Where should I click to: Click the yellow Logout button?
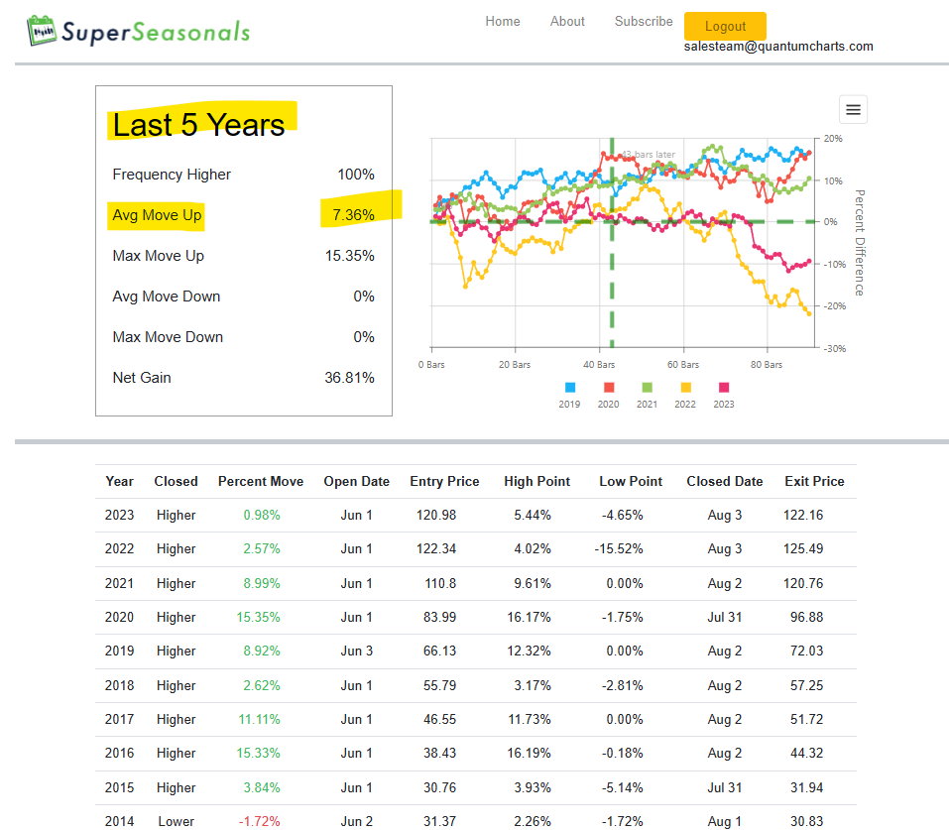click(x=725, y=26)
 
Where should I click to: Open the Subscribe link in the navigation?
click(x=644, y=21)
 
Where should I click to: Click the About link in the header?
click(x=567, y=21)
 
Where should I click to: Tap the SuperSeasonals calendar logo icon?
click(x=42, y=31)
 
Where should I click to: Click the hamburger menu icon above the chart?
click(x=853, y=110)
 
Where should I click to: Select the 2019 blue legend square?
click(x=569, y=388)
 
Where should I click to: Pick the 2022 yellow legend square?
click(x=686, y=388)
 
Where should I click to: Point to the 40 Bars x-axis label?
click(x=599, y=365)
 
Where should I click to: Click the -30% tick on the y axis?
click(x=835, y=349)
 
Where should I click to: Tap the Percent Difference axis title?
click(x=860, y=243)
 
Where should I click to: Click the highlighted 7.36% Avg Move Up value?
click(x=353, y=215)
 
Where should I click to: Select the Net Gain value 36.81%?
click(x=349, y=378)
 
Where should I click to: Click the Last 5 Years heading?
click(x=198, y=125)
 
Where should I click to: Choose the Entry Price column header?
click(x=444, y=481)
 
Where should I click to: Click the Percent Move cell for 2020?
click(x=258, y=618)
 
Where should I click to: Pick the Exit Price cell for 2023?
click(x=803, y=516)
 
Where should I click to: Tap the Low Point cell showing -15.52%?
click(x=619, y=549)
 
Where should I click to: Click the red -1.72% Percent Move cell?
click(x=259, y=821)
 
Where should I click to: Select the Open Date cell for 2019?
click(x=356, y=652)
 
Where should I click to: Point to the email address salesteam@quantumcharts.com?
click(x=778, y=47)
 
